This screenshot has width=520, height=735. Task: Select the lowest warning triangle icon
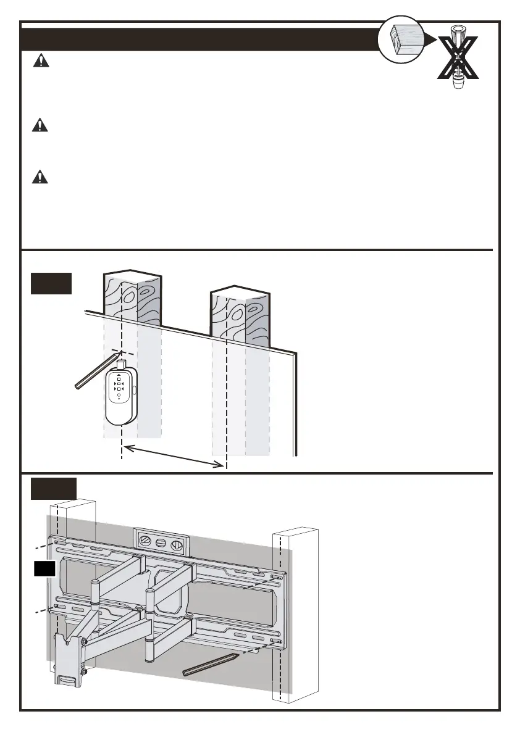pyautogui.click(x=40, y=176)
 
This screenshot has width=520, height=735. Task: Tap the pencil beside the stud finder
pyautogui.click(x=96, y=372)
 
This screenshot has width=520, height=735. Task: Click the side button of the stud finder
pyautogui.click(x=134, y=389)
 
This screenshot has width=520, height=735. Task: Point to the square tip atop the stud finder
pyautogui.click(x=121, y=364)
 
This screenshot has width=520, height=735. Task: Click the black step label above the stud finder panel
pyautogui.click(x=51, y=283)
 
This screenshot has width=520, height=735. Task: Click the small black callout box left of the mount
pyautogui.click(x=45, y=568)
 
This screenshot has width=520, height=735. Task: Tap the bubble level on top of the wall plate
pyautogui.click(x=161, y=541)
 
